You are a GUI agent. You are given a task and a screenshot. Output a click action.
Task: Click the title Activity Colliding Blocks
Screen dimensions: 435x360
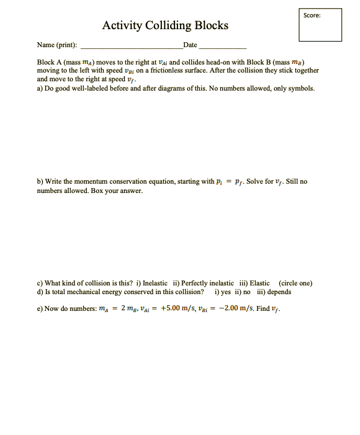(x=165, y=25)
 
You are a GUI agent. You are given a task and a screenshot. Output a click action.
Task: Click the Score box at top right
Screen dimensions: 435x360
(x=320, y=25)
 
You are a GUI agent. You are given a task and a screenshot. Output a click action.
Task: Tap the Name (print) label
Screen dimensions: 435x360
(x=57, y=45)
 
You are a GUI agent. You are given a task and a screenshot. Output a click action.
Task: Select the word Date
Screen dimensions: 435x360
(x=190, y=45)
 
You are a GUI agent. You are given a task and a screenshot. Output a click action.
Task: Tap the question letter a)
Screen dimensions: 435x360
(x=40, y=88)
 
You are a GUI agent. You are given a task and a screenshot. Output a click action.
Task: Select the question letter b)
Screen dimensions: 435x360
(x=40, y=181)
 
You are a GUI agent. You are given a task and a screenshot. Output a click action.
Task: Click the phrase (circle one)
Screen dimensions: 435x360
(x=296, y=283)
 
